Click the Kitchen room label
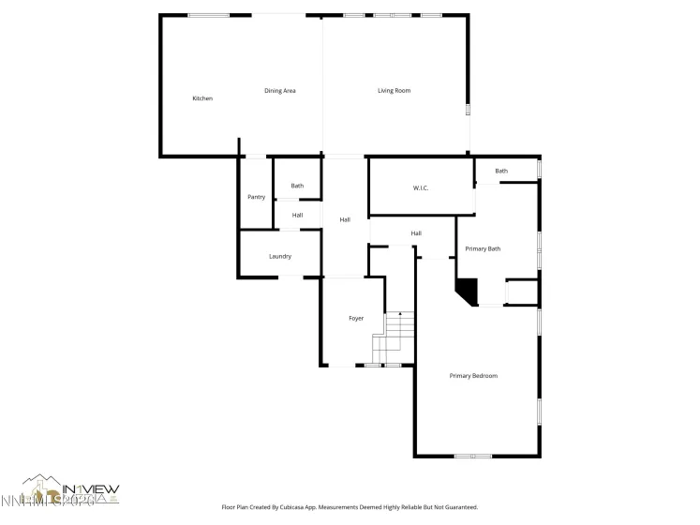[x=202, y=98]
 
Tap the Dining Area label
[x=280, y=91]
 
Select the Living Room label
[x=394, y=91]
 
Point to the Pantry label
[x=256, y=197]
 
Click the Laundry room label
[x=280, y=256]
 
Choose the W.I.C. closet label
[x=421, y=188]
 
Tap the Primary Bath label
[x=484, y=248]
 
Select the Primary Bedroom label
[x=473, y=376]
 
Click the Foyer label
[x=356, y=319]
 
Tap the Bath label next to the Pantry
[x=297, y=186]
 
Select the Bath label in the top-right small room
[x=501, y=171]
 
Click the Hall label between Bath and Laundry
[x=297, y=216]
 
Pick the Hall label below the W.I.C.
[x=416, y=233]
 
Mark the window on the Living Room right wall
[x=468, y=110]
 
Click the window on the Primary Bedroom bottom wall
[x=473, y=457]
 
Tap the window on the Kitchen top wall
[x=208, y=15]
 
